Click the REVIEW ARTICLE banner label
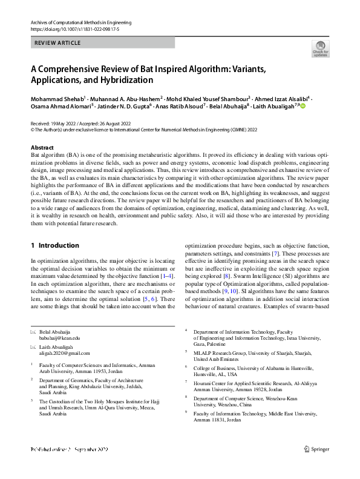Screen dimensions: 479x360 (57, 43)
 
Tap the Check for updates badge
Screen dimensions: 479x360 (320, 49)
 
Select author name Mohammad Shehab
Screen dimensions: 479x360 (58, 98)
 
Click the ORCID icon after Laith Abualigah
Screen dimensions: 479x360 (303, 106)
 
